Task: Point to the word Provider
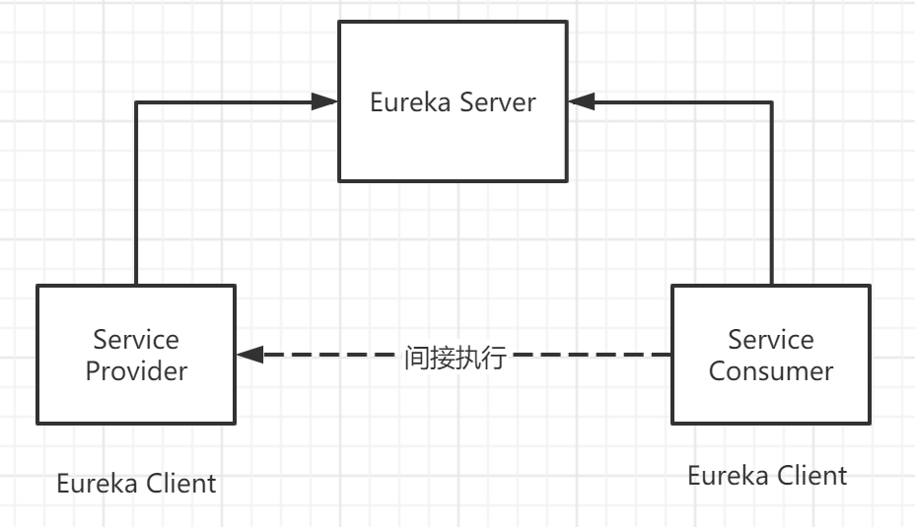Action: tap(136, 371)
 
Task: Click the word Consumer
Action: tap(771, 371)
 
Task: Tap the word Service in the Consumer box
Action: tap(771, 340)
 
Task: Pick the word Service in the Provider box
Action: tap(136, 340)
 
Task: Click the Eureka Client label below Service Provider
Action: tap(136, 484)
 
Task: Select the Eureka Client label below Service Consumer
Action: tap(767, 476)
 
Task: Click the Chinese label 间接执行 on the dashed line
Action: tap(455, 357)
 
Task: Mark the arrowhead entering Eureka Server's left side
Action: tap(325, 100)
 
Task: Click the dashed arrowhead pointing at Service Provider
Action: tap(249, 355)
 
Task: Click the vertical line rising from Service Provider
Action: tap(136, 197)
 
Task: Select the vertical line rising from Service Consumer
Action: tap(771, 197)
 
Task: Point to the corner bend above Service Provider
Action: tap(136, 100)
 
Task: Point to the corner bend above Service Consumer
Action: tap(771, 100)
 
